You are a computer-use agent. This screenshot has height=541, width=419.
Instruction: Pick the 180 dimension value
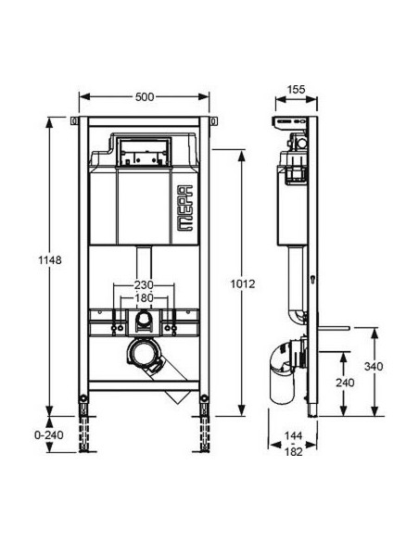tap(144, 298)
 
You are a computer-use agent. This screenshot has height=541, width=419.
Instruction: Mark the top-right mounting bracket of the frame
tap(214, 122)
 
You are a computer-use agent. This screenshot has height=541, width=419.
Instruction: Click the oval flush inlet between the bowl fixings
tap(143, 324)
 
